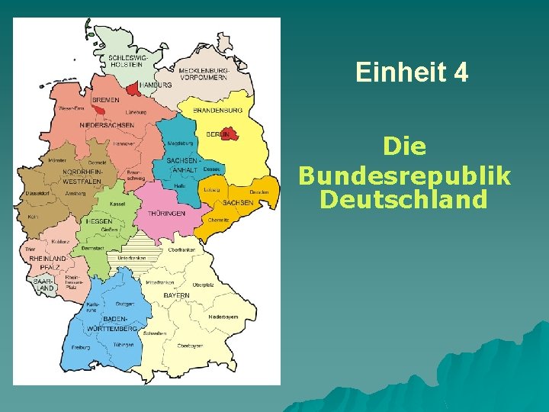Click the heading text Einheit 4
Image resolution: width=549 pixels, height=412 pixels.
pos(412,73)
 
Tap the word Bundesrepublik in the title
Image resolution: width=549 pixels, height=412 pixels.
pos(405,175)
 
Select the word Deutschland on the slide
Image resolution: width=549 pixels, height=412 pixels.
pos(404,200)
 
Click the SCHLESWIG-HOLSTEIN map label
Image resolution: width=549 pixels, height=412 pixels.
pos(127,60)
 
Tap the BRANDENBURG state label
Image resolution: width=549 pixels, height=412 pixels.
pos(219,110)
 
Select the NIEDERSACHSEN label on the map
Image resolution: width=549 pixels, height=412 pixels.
pos(107,125)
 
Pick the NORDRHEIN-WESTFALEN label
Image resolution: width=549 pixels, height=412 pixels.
pos(82,177)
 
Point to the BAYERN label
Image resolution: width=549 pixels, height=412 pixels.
pos(178,295)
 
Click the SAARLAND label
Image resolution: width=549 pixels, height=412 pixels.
pos(44,285)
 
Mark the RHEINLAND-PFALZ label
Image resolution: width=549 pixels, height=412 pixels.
pos(48,262)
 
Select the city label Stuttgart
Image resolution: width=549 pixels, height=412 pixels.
pos(125,304)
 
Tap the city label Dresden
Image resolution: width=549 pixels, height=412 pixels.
pos(258,192)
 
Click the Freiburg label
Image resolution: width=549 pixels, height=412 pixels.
pos(80,347)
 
